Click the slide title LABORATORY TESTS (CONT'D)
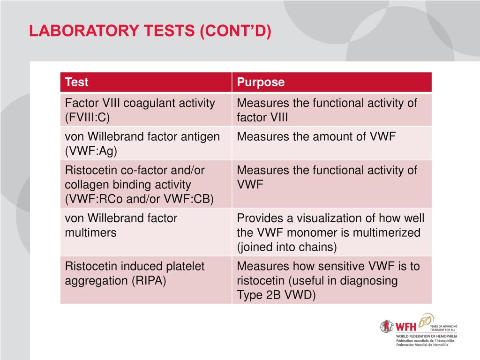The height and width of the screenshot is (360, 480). pyautogui.click(x=150, y=31)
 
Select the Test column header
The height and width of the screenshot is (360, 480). pyautogui.click(x=77, y=82)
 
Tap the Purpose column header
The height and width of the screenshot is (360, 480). pyautogui.click(x=261, y=82)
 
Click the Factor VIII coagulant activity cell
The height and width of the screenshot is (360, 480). pyautogui.click(x=140, y=103)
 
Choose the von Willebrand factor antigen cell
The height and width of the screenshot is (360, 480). pyautogui.click(x=142, y=137)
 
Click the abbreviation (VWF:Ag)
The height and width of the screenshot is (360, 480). pyautogui.click(x=91, y=150)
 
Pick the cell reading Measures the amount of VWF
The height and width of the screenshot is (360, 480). pyautogui.click(x=316, y=137)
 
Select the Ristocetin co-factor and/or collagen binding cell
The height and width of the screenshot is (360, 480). pyautogui.click(x=135, y=178)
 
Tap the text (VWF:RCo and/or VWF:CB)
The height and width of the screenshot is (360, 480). pyautogui.click(x=139, y=199)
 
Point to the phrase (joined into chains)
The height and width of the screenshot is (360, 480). pyautogui.click(x=287, y=247)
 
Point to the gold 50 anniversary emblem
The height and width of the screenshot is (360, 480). pyautogui.click(x=426, y=321)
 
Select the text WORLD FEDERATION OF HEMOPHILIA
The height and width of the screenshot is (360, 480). pyautogui.click(x=427, y=336)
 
